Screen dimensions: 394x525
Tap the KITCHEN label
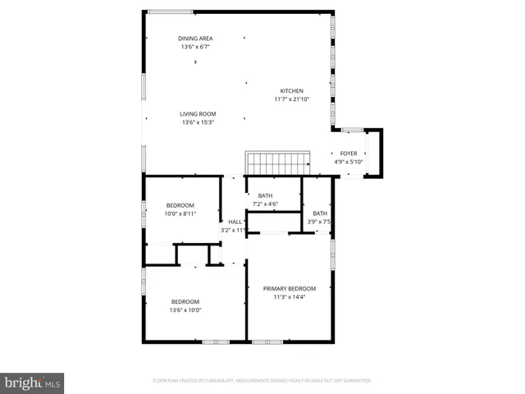coord(292,90)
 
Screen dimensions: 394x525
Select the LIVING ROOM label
coord(198,113)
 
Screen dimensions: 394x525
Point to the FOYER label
coord(349,153)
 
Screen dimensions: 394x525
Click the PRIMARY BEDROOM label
coord(290,288)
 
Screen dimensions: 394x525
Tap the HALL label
coord(235,222)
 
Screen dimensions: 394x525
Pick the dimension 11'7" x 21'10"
coord(292,99)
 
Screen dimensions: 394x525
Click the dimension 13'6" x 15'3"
coord(198,122)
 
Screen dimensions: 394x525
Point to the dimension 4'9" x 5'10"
coord(349,162)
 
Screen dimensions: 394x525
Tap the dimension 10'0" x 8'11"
coord(180,214)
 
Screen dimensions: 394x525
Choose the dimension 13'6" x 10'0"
coord(185,310)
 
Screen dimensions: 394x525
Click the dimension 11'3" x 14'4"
coord(290,297)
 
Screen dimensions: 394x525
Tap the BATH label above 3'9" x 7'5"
coord(319,213)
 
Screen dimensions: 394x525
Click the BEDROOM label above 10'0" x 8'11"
coord(180,205)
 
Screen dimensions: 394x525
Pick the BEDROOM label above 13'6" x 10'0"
coord(185,301)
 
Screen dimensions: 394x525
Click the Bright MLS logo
coord(33,383)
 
